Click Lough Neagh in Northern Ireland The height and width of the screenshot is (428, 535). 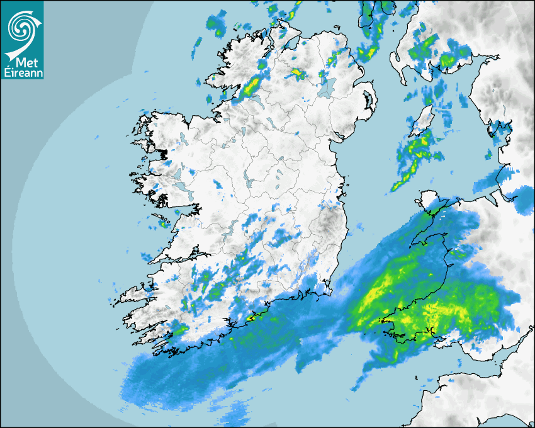[x=325, y=87]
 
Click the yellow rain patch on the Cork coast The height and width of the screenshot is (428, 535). [x=253, y=318]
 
